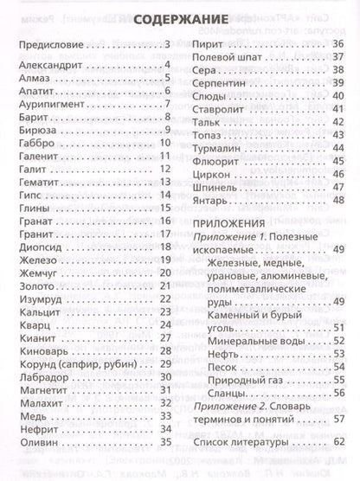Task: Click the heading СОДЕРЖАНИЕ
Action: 179,19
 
